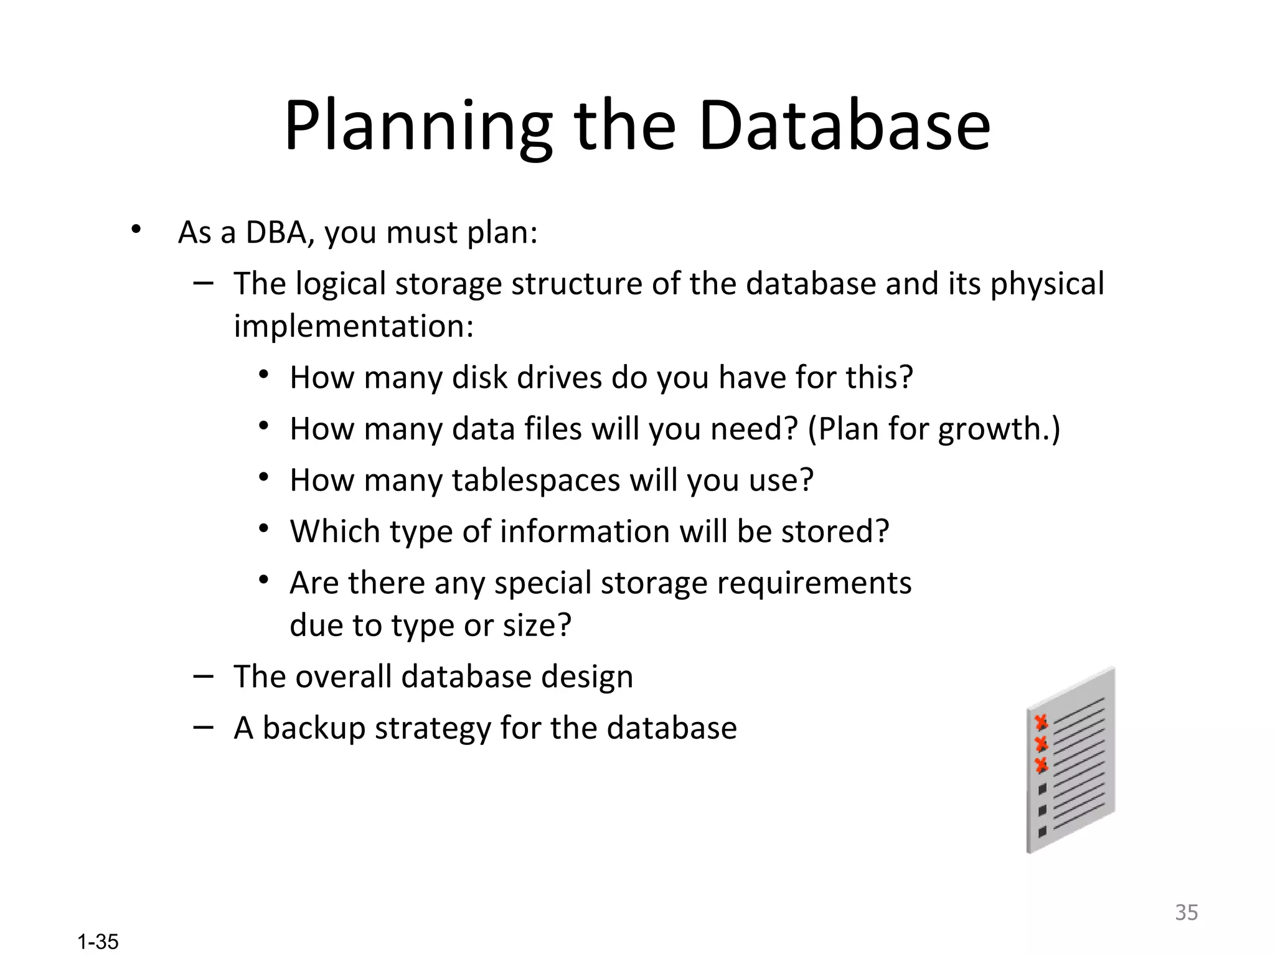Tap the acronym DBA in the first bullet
[x=276, y=232]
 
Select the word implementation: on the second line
[x=354, y=326]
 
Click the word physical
[x=1047, y=284]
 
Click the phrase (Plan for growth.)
[x=934, y=429]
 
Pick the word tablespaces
[x=536, y=480]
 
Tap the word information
[x=585, y=532]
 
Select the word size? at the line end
[x=537, y=625]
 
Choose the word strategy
[x=433, y=728]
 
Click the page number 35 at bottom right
[x=1186, y=912]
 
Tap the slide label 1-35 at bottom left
[x=98, y=942]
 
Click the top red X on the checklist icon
[x=1040, y=723]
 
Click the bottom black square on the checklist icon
[x=1042, y=832]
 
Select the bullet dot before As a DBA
[x=136, y=230]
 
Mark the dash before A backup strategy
[x=203, y=726]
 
